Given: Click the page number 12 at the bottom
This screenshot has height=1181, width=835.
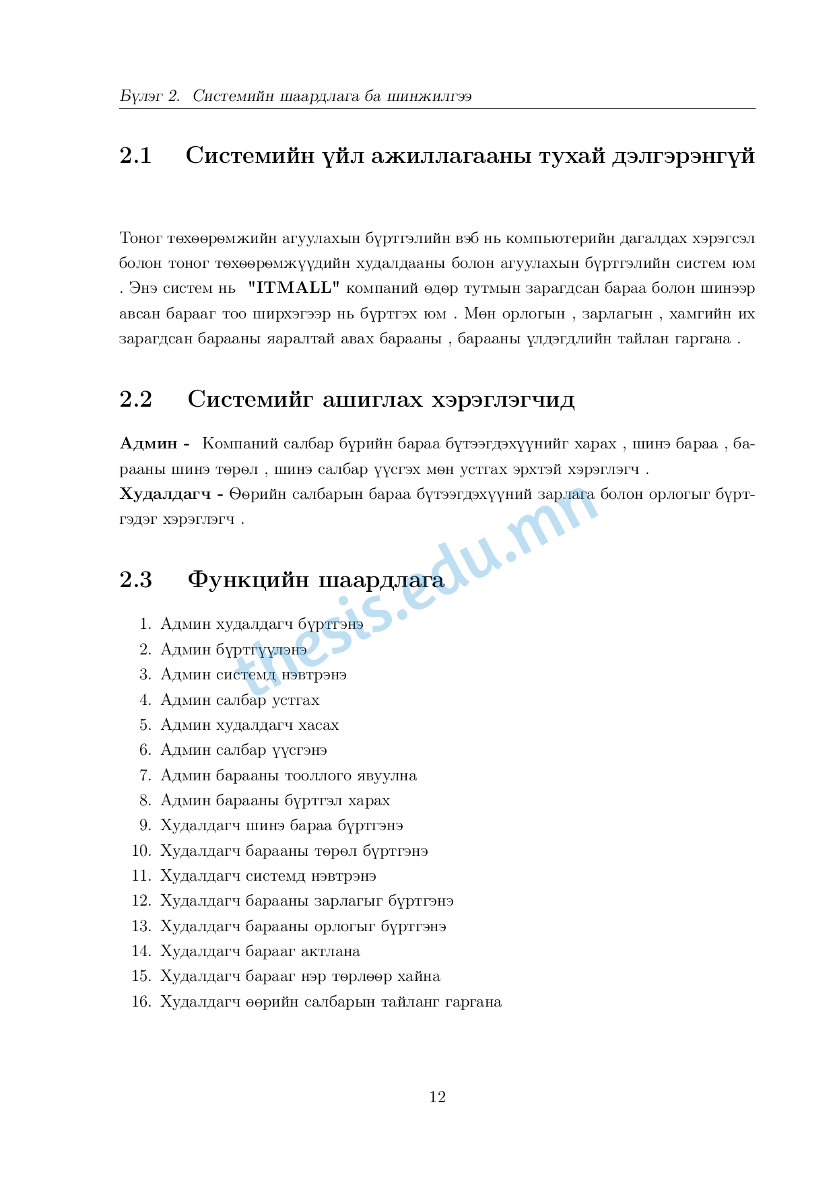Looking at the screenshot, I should [437, 1097].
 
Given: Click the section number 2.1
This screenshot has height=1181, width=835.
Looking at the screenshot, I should [135, 156].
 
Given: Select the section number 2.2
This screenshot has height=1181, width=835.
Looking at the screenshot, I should [135, 399].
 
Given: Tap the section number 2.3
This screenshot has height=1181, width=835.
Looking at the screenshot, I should [135, 580].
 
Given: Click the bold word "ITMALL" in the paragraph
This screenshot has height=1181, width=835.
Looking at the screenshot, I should [294, 288].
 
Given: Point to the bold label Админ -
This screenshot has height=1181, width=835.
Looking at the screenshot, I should [155, 444].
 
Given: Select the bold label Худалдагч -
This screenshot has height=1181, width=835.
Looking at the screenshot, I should [172, 494].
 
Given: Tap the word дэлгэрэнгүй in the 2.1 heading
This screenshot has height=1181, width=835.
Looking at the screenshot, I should [683, 156].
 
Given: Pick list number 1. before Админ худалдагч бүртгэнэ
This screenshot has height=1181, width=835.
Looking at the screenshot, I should [145, 624].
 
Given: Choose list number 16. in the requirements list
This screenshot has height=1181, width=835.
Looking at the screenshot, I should [141, 1002].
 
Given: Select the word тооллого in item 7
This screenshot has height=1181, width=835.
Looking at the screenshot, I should [313, 776].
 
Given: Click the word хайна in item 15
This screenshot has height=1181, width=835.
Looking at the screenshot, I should [418, 976].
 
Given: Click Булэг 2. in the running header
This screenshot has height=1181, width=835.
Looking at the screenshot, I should [149, 96].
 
